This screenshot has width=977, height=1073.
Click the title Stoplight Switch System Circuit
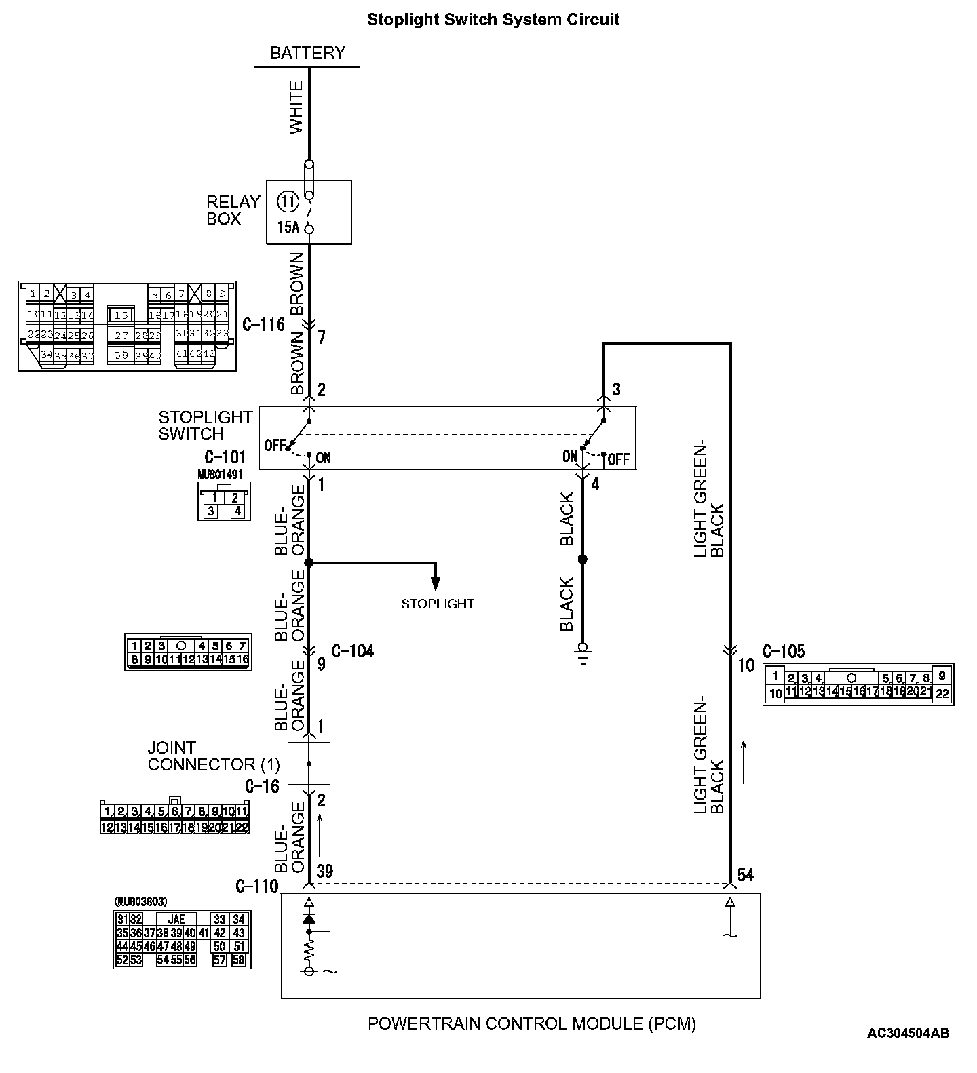[x=493, y=20]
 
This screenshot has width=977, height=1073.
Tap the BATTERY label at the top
[x=307, y=53]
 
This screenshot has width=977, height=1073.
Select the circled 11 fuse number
[x=288, y=201]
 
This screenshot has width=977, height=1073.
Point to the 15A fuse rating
[x=288, y=227]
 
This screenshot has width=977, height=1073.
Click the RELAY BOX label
[x=233, y=210]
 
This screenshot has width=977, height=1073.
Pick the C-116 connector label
[x=264, y=325]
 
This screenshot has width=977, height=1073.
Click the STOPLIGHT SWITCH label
[x=205, y=425]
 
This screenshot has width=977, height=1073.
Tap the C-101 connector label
[x=225, y=457]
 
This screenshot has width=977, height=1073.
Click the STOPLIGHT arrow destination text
[x=437, y=604]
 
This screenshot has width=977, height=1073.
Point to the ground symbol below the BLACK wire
[x=582, y=652]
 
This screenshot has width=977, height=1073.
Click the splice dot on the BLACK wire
[x=582, y=560]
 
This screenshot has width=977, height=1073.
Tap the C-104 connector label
[x=353, y=652]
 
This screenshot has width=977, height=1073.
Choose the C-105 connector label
[x=784, y=652]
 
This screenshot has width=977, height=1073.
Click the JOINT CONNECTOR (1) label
[x=214, y=756]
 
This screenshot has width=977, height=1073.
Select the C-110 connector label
[x=257, y=886]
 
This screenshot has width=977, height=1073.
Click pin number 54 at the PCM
[x=745, y=875]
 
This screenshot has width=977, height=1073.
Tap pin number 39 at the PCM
[x=325, y=872]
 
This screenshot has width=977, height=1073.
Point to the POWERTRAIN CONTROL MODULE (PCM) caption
[x=532, y=1023]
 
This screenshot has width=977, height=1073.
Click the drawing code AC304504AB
[x=908, y=1033]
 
